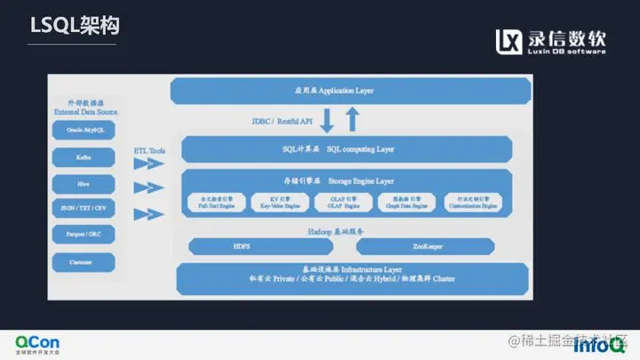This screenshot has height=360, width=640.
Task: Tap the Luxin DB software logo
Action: click(x=550, y=41)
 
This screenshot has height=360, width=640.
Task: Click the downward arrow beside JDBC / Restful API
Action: click(x=327, y=120)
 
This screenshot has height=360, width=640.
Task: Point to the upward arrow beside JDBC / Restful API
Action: click(x=351, y=120)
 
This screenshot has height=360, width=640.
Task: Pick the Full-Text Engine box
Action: click(x=216, y=202)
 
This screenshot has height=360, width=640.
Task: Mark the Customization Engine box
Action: click(x=477, y=202)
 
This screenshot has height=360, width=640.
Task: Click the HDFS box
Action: click(x=242, y=245)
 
